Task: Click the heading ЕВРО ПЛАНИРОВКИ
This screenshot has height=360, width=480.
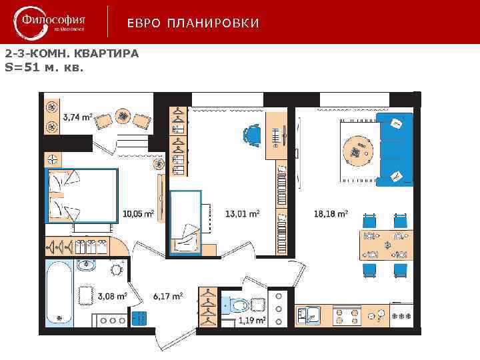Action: pos(193,24)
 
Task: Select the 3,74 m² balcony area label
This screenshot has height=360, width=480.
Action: pos(77,117)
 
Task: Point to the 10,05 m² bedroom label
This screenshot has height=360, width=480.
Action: pos(138,214)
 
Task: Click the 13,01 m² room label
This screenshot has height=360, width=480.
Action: pos(242,214)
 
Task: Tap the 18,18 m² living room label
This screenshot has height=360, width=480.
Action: pos(331,214)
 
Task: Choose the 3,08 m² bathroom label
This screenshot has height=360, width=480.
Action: pos(112,296)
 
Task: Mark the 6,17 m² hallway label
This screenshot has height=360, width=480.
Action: pos(167,296)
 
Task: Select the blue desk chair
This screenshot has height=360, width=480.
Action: pos(251,135)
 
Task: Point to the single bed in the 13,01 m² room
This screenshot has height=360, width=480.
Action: pos(186,222)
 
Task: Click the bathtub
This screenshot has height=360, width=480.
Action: pos(59,293)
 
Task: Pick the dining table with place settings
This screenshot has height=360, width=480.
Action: pos(386,245)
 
